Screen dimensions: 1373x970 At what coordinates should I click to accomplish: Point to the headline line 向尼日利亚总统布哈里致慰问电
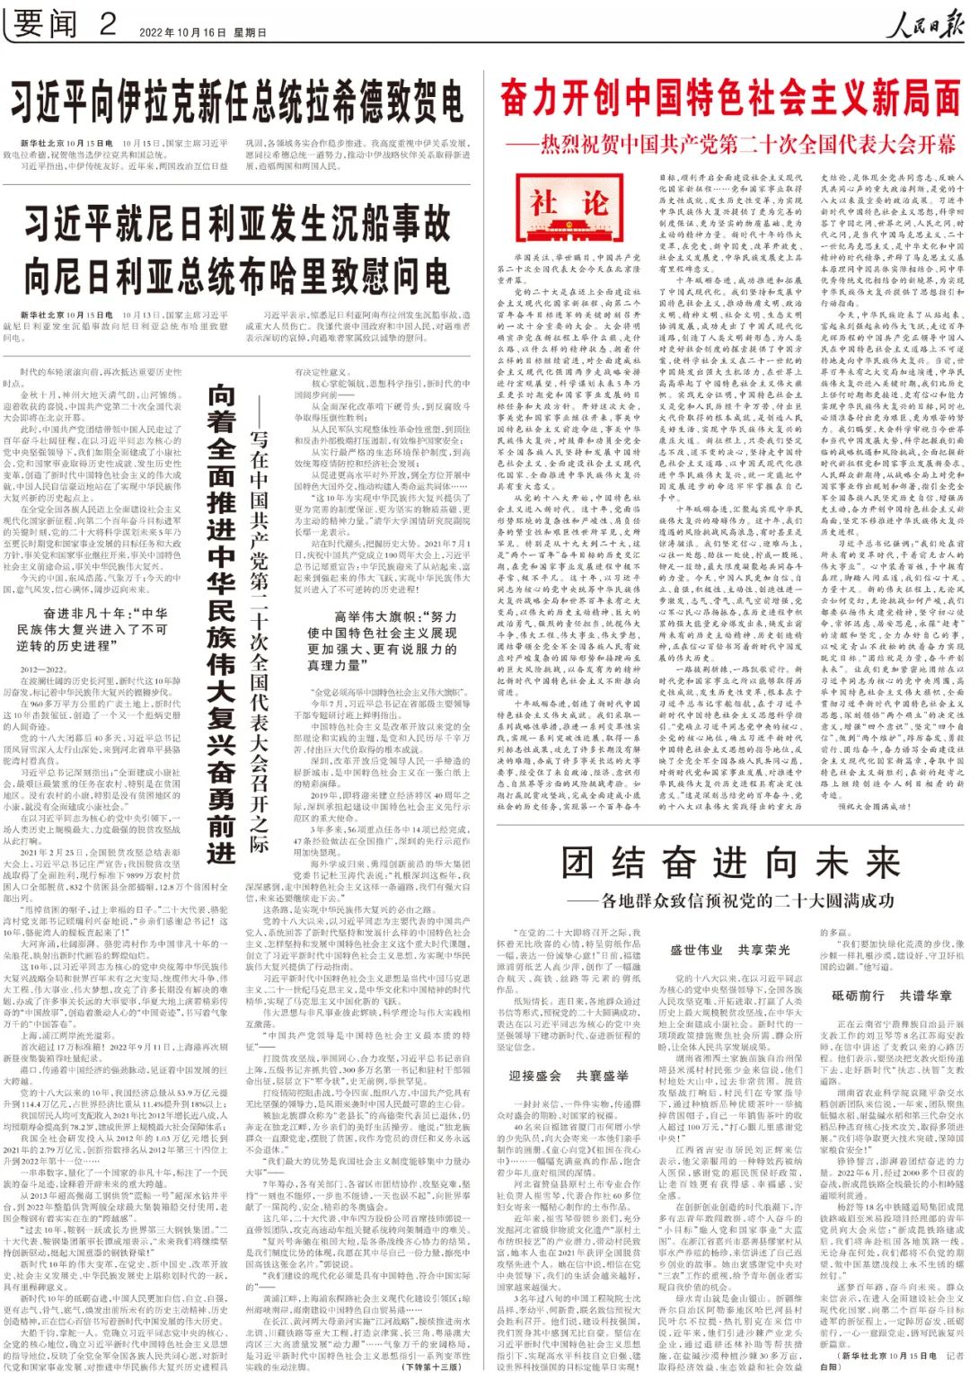(x=238, y=276)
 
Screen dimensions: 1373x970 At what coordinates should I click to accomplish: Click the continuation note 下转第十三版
(x=431, y=1366)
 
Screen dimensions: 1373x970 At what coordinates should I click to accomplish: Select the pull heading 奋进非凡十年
(x=93, y=629)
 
